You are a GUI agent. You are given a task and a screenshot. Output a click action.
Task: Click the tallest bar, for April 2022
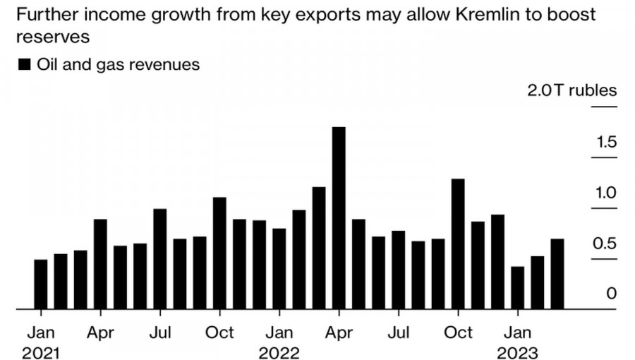(x=339, y=218)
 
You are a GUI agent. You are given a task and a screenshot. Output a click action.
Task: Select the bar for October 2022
(x=458, y=244)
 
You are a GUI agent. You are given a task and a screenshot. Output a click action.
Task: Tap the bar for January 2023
(x=518, y=288)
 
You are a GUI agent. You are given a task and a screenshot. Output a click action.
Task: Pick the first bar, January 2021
(x=41, y=284)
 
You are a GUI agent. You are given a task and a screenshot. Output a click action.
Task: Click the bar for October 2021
(x=219, y=253)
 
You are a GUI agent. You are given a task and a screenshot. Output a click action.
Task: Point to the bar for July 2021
(x=160, y=259)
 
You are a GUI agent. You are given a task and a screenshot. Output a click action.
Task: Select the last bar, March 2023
(x=557, y=274)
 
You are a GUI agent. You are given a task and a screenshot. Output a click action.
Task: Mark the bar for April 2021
(x=100, y=264)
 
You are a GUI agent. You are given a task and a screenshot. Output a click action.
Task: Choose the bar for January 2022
(x=279, y=269)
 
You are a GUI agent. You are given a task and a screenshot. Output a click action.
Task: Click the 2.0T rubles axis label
(x=572, y=91)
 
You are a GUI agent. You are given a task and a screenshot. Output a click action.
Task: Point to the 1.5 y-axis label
(x=606, y=143)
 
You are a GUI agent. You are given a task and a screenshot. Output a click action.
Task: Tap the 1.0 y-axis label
(x=606, y=193)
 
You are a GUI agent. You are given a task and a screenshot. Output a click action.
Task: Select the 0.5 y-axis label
(x=606, y=244)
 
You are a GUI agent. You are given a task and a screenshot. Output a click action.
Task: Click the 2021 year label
(x=40, y=352)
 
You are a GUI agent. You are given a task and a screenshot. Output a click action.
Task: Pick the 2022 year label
(x=279, y=352)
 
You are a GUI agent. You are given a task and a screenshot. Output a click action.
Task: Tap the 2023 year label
(x=518, y=352)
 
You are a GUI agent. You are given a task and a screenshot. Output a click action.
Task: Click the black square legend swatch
(x=24, y=65)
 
